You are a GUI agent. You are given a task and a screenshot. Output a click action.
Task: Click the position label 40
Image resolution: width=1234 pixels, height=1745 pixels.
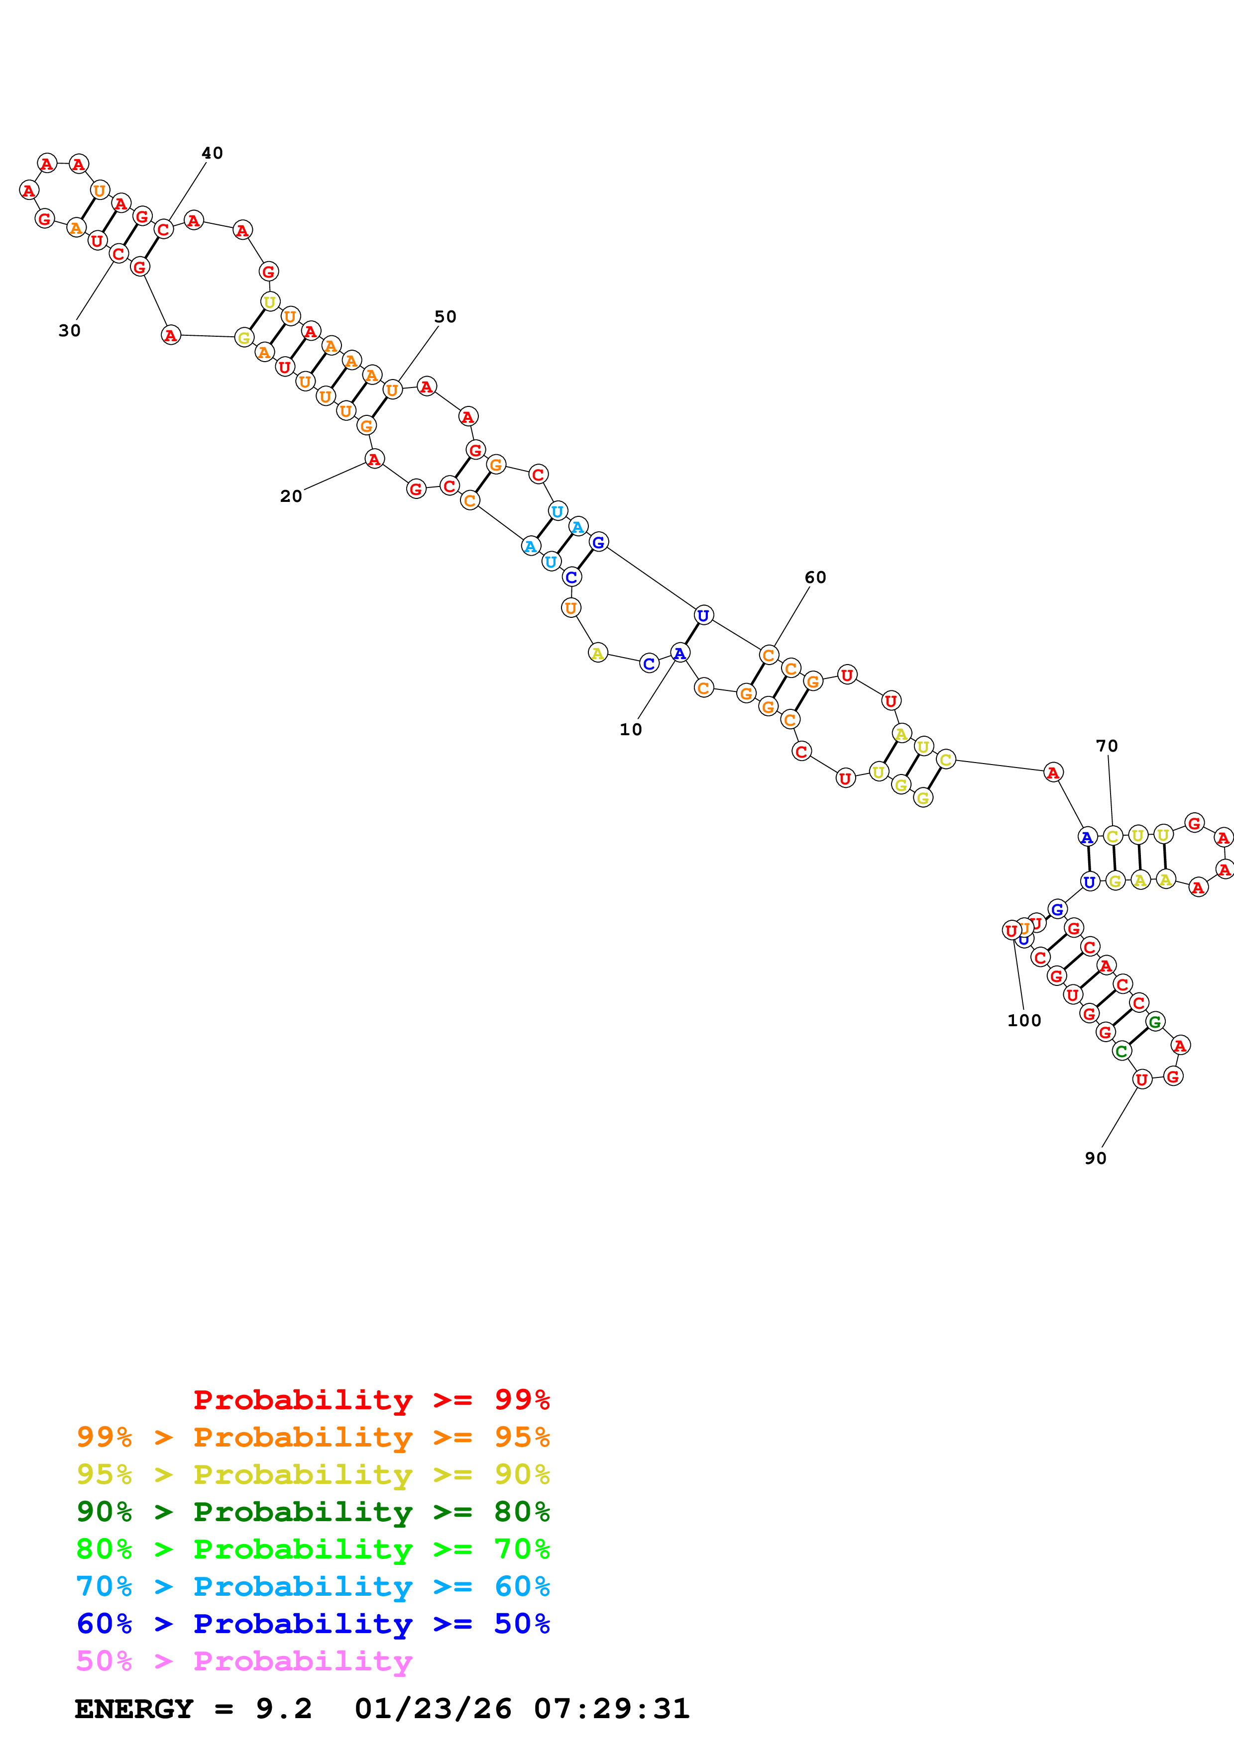pyautogui.click(x=212, y=153)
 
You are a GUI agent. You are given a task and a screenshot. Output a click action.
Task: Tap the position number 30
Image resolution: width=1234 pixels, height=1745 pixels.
pyautogui.click(x=69, y=331)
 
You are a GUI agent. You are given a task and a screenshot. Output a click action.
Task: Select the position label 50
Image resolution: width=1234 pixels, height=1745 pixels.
pyautogui.click(x=446, y=317)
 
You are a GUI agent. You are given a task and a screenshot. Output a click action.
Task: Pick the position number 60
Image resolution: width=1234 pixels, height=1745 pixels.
pyautogui.click(x=815, y=578)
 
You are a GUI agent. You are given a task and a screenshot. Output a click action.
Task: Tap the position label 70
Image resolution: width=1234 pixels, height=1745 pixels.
pyautogui.click(x=1107, y=746)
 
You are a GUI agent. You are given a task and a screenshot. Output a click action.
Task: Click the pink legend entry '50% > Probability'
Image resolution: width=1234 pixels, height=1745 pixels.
pyautogui.click(x=244, y=1661)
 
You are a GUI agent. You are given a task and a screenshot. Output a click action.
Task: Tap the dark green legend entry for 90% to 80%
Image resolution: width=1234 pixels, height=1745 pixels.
pyautogui.click(x=313, y=1512)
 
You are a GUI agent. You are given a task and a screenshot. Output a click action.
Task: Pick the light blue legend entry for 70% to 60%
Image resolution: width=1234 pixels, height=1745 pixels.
pyautogui.click(x=313, y=1586)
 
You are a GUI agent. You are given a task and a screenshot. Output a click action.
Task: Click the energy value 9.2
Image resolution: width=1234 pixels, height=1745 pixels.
pyautogui.click(x=284, y=1709)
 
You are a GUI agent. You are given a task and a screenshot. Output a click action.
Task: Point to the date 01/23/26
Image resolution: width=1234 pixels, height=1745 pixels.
pyautogui.click(x=433, y=1709)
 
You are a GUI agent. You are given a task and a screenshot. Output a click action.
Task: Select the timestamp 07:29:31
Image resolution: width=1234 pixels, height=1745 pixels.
pyautogui.click(x=611, y=1709)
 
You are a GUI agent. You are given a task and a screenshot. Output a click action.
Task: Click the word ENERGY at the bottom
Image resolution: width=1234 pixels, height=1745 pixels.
pyautogui.click(x=134, y=1709)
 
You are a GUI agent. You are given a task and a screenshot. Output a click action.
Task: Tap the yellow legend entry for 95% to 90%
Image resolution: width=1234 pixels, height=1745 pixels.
pyautogui.click(x=313, y=1474)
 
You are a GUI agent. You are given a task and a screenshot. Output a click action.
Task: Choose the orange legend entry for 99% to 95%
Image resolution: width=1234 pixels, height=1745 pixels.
pyautogui.click(x=313, y=1437)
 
